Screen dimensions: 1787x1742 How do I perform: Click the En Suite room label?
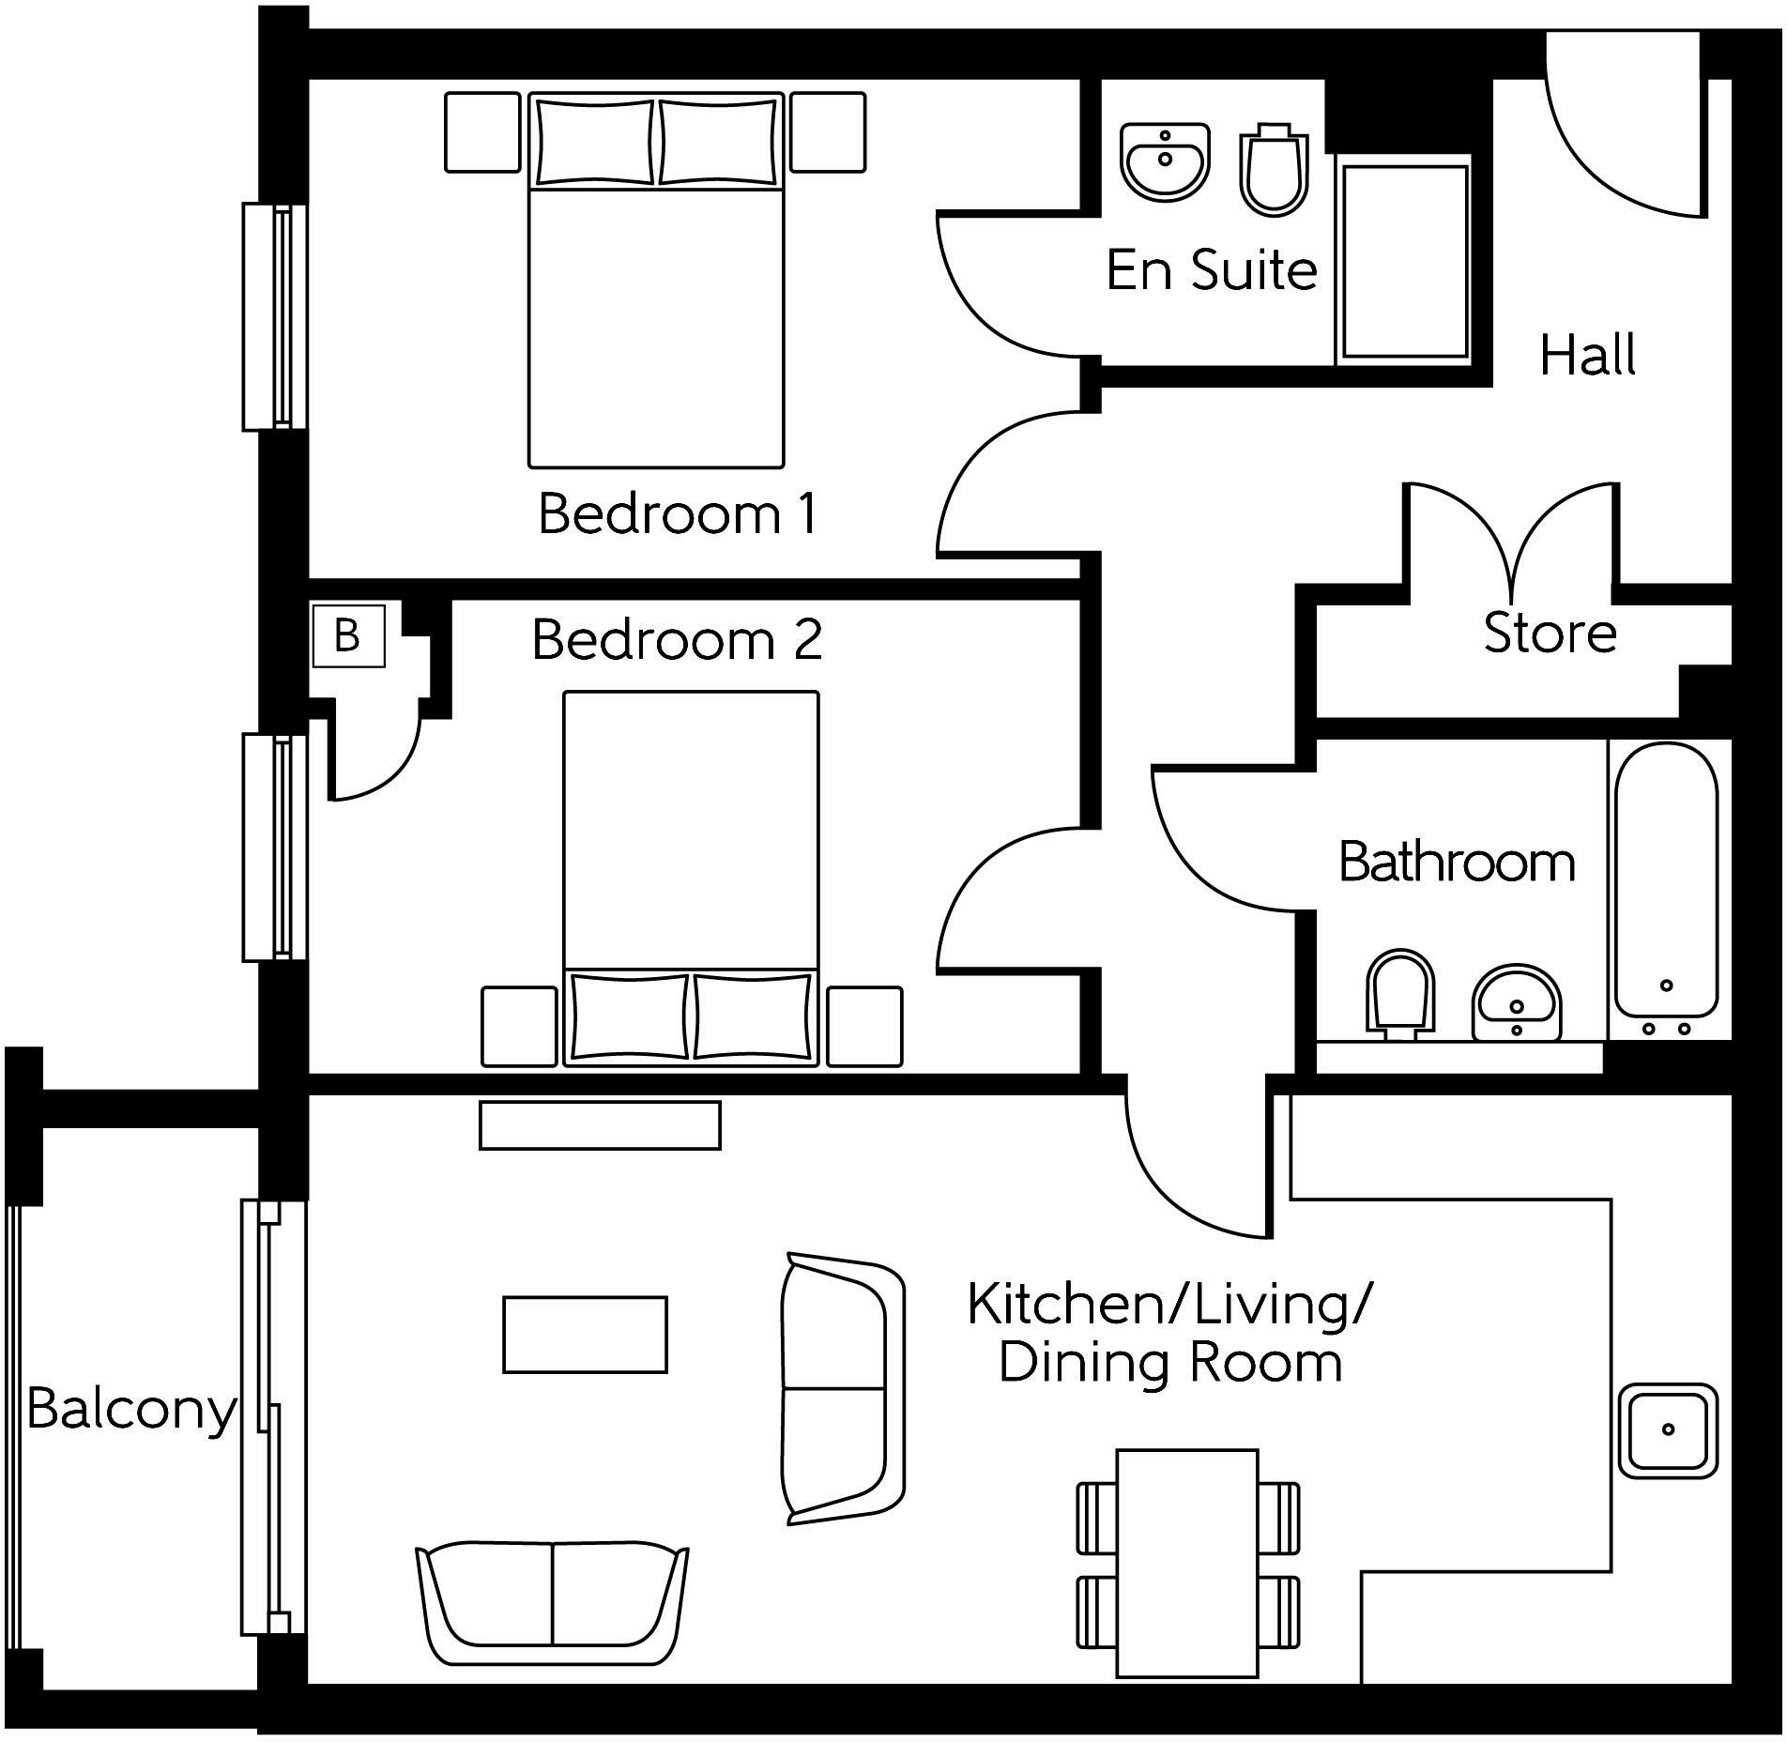click(1212, 270)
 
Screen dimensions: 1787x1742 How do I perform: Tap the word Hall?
click(1588, 355)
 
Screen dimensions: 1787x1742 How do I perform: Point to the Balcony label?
click(131, 1411)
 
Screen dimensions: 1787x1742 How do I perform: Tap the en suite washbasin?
click(1165, 161)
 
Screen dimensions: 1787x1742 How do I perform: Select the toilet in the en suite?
click(1274, 170)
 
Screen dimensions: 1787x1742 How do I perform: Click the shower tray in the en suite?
click(1404, 261)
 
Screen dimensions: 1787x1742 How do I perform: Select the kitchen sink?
click(1668, 1430)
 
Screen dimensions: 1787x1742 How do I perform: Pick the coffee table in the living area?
click(585, 1335)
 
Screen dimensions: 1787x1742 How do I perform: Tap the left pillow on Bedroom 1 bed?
click(595, 142)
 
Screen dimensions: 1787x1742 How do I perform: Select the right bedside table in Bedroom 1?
click(827, 132)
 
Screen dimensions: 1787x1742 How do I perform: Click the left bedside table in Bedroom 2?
click(519, 1026)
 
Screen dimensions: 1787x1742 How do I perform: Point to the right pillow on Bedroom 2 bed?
click(753, 1016)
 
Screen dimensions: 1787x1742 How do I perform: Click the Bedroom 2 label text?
click(677, 639)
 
